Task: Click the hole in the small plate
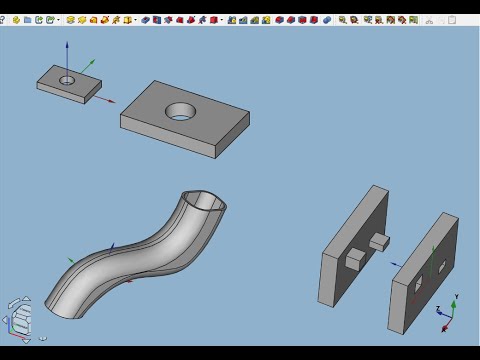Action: click(x=67, y=79)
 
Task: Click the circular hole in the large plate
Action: click(x=182, y=110)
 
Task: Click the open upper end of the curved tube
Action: click(x=207, y=204)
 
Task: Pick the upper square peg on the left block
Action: click(x=378, y=239)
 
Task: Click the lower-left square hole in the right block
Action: click(x=418, y=287)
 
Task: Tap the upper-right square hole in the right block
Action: click(x=441, y=265)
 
